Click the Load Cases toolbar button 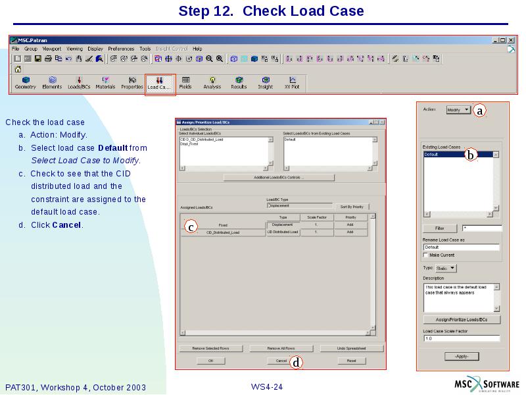160,83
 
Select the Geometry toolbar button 25,83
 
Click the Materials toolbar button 105,83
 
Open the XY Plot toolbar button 292,83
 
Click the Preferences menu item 121,49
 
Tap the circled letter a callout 480,111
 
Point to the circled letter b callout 470,155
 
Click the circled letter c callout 190,227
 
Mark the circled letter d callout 297,362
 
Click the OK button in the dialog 211,361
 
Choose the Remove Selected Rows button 211,348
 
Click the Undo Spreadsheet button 351,348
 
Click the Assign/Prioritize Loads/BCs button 462,319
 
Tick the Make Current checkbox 425,255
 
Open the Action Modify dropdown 458,110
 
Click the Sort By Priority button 351,207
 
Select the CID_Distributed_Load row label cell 223,232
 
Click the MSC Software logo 487,384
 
